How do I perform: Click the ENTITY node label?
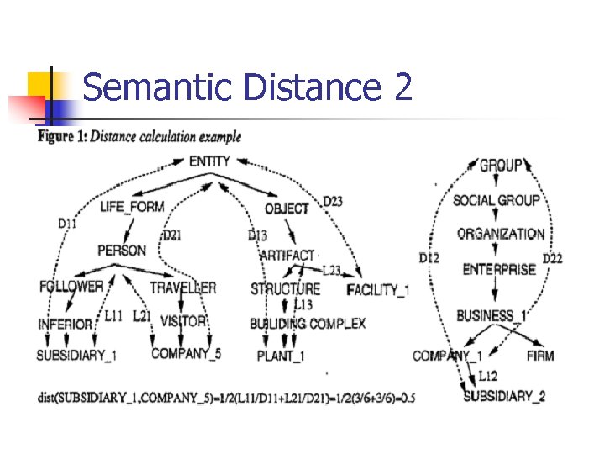click(209, 161)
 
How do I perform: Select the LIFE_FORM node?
click(131, 207)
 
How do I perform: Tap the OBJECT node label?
click(287, 208)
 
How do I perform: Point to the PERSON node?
click(122, 251)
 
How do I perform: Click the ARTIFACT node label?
click(287, 255)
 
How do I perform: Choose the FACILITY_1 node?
click(378, 290)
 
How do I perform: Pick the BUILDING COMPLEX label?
click(308, 324)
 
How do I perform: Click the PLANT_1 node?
click(281, 356)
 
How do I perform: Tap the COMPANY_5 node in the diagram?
click(186, 354)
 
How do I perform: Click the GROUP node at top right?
click(501, 166)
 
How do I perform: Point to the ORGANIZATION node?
click(501, 235)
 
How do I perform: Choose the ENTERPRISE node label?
click(499, 270)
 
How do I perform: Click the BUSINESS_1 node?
click(492, 316)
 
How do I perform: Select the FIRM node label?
click(539, 356)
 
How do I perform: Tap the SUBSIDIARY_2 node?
click(504, 396)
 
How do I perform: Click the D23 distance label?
click(333, 201)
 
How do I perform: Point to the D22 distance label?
click(552, 258)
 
